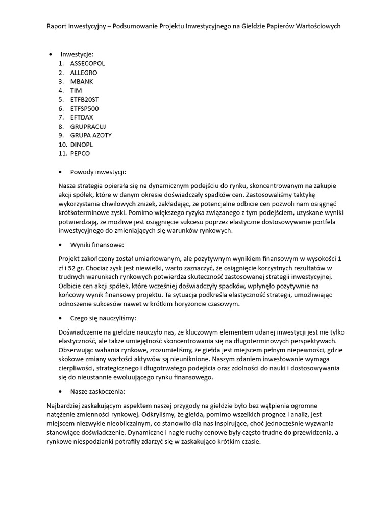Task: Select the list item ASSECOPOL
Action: tap(87, 63)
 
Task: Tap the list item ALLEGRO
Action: tap(83, 73)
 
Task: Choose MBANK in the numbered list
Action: tap(82, 81)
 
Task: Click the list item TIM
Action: tap(76, 90)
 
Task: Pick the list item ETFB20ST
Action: tap(84, 100)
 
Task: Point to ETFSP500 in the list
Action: tap(84, 108)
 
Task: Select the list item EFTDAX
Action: tap(82, 117)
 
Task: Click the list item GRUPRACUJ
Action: tap(88, 127)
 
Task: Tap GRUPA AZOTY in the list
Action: tap(91, 135)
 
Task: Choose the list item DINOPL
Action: tap(82, 145)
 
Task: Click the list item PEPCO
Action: tap(80, 153)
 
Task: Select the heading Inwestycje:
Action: tap(77, 54)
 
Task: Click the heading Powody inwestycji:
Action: tap(98, 172)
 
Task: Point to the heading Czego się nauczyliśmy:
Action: tap(103, 318)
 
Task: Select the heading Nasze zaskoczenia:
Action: tap(97, 392)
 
